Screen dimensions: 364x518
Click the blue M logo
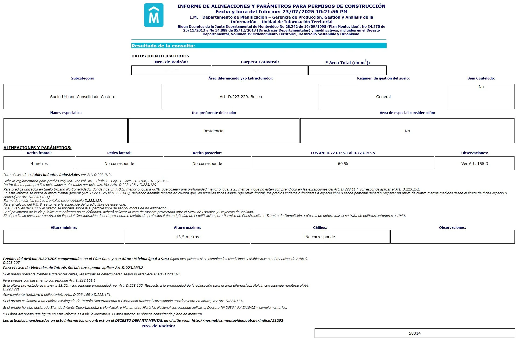pos(154,15)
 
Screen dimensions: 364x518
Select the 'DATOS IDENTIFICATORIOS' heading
pos(160,56)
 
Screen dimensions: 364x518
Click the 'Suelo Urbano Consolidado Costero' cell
pos(83,97)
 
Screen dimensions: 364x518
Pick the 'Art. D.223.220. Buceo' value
pos(241,97)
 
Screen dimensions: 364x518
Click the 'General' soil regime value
pos(383,97)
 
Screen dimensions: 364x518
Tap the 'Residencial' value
pos(214,131)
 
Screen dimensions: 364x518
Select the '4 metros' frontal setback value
pos(39,164)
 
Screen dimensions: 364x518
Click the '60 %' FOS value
pos(343,164)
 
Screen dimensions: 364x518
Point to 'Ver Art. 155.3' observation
pos(474,164)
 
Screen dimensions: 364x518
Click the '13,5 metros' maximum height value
pos(187,237)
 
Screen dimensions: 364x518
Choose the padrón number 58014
pos(415,333)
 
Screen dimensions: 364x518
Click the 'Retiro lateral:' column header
pos(119,153)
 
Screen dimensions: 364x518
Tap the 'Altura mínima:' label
pos(64,227)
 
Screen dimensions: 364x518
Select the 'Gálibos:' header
pos(320,227)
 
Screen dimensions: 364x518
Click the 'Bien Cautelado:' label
pos(481,78)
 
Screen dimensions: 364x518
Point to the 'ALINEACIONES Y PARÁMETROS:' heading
pos(38,148)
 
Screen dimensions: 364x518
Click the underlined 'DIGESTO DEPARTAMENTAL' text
pos(139,320)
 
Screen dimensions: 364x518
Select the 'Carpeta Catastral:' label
pos(260,62)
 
